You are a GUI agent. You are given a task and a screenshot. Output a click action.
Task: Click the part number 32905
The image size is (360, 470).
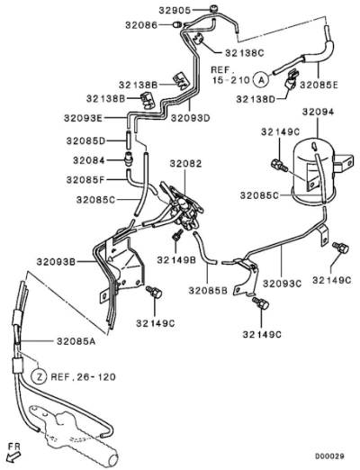[175, 11]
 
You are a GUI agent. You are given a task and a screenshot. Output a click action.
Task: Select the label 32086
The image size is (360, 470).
[141, 25]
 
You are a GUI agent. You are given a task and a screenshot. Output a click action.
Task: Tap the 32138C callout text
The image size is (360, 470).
[245, 53]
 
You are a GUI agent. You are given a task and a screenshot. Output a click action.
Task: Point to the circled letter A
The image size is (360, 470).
[262, 80]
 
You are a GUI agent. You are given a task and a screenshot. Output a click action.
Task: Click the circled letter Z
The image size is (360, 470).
[40, 376]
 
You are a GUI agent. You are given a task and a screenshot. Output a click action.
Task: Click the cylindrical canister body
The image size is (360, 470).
[314, 169]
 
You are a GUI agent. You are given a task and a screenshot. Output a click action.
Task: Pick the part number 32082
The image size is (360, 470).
[185, 164]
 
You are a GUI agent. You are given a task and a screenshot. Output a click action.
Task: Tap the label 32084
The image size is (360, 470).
[89, 160]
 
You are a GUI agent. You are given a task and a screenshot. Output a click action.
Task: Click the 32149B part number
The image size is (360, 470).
[176, 260]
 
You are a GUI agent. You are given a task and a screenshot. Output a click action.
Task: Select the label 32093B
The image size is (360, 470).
[56, 262]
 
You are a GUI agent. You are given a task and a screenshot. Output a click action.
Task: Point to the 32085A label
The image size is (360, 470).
[76, 341]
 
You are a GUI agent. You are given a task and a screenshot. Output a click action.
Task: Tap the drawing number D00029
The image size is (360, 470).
[329, 456]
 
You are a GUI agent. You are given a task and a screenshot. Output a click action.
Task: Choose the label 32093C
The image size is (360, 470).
[282, 283]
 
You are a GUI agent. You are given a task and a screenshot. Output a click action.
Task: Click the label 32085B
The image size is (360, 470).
[208, 291]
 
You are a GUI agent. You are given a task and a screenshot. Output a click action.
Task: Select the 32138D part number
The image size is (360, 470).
[256, 99]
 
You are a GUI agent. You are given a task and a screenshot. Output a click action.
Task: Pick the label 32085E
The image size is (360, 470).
[319, 85]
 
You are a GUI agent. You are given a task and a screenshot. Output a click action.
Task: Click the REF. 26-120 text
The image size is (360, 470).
[83, 376]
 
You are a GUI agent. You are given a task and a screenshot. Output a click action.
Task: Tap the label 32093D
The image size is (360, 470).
[191, 118]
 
